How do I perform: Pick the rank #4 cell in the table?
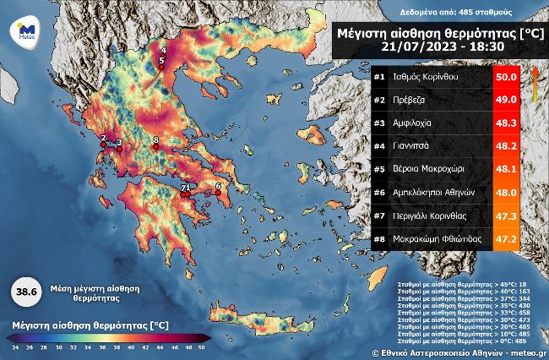[x=379, y=146]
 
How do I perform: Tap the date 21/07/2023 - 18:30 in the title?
[x=433, y=48]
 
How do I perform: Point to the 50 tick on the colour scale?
[x=202, y=346]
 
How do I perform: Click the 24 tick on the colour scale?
[x=14, y=346]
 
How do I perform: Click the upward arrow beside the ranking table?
[x=535, y=85]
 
